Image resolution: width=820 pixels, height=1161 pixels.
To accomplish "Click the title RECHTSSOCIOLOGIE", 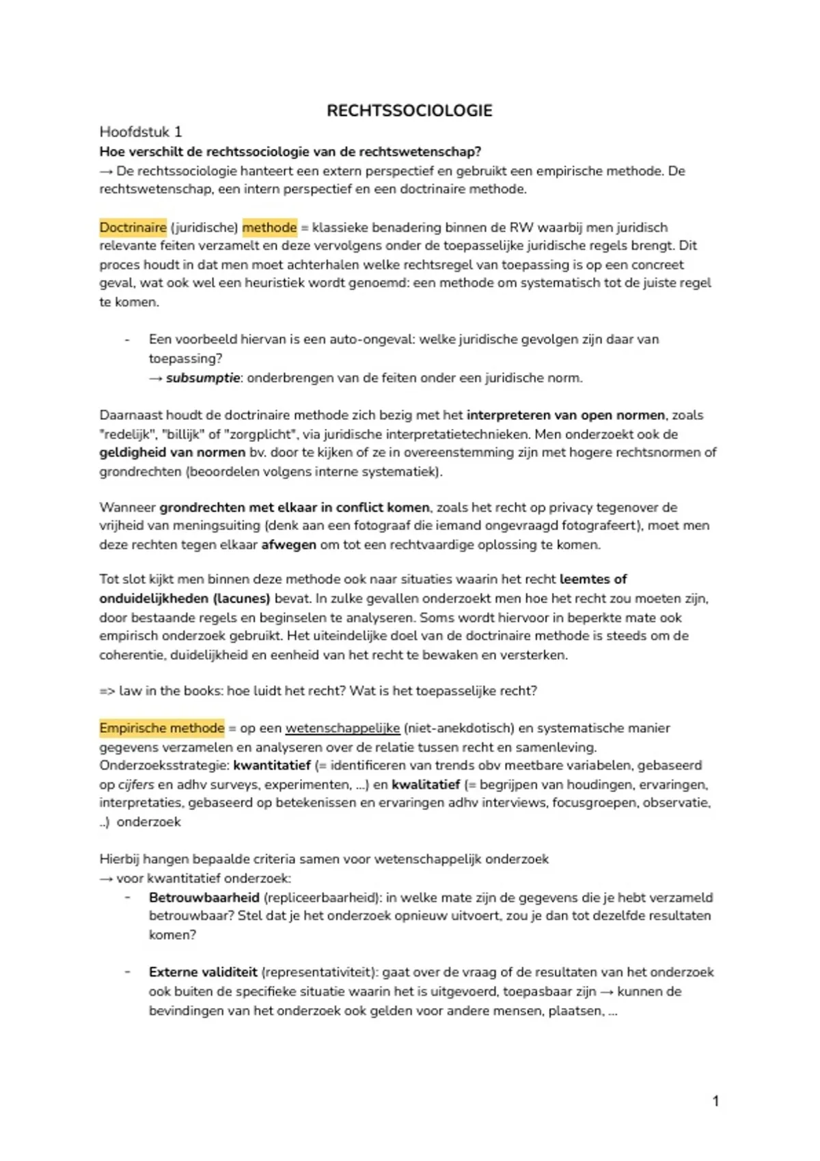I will [x=409, y=111].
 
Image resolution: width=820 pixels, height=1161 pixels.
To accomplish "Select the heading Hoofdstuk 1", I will [x=141, y=132].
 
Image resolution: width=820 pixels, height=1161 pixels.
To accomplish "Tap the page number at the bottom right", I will [x=715, y=1100].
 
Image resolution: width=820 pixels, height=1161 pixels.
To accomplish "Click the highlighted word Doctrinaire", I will [x=133, y=227].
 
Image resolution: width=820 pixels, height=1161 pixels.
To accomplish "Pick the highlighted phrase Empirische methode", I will [x=161, y=728].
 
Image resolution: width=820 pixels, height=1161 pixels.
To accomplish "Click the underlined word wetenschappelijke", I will [x=342, y=728].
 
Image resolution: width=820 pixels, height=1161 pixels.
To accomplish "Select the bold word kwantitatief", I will [x=272, y=766].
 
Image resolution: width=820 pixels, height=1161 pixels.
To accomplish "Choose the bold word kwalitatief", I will [x=426, y=785].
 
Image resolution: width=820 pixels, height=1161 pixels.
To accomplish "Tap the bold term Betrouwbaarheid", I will [x=204, y=897].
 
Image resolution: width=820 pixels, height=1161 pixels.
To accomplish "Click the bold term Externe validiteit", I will [x=203, y=972].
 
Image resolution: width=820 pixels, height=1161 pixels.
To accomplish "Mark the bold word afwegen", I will [x=288, y=545].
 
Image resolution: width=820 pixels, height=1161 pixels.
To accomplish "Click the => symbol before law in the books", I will [x=107, y=691].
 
